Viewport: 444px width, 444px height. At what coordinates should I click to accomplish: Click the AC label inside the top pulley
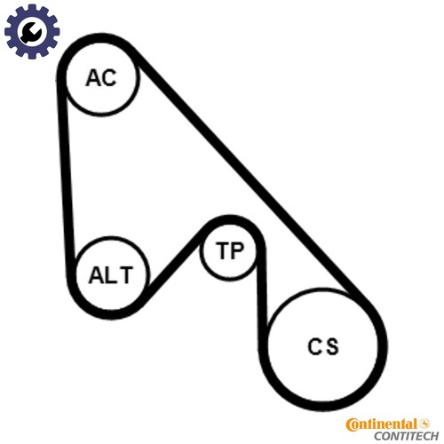pyautogui.click(x=101, y=78)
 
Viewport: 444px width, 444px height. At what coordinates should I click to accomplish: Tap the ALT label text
pyautogui.click(x=111, y=275)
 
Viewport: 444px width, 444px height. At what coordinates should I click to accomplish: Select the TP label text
pyautogui.click(x=230, y=250)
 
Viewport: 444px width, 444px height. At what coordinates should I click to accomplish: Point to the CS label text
pyautogui.click(x=323, y=346)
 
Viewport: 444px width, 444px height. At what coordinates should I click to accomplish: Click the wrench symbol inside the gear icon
pyautogui.click(x=30, y=32)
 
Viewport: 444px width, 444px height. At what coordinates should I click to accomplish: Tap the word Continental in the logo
pyautogui.click(x=382, y=424)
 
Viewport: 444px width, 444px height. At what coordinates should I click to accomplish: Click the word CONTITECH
pyautogui.click(x=406, y=436)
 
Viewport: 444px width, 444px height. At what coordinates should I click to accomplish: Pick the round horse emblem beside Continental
pyautogui.click(x=424, y=424)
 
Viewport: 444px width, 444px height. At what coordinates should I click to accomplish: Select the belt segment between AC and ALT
pyautogui.click(x=66, y=178)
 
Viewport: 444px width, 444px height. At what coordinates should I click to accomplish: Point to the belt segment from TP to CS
pyautogui.click(x=262, y=296)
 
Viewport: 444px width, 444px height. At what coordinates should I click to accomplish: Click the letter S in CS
pyautogui.click(x=331, y=346)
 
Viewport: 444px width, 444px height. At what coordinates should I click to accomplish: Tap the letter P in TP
pyautogui.click(x=237, y=250)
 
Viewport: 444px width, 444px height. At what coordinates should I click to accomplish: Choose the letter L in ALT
pyautogui.click(x=112, y=275)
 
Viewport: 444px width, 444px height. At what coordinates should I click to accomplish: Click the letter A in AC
pyautogui.click(x=92, y=78)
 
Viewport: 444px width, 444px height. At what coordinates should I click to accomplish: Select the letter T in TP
pyautogui.click(x=222, y=250)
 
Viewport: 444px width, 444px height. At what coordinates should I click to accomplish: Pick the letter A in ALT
pyautogui.click(x=97, y=275)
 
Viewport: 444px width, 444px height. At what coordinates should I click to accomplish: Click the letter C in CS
pyautogui.click(x=314, y=346)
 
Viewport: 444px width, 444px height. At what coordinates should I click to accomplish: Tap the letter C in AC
pyautogui.click(x=109, y=78)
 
